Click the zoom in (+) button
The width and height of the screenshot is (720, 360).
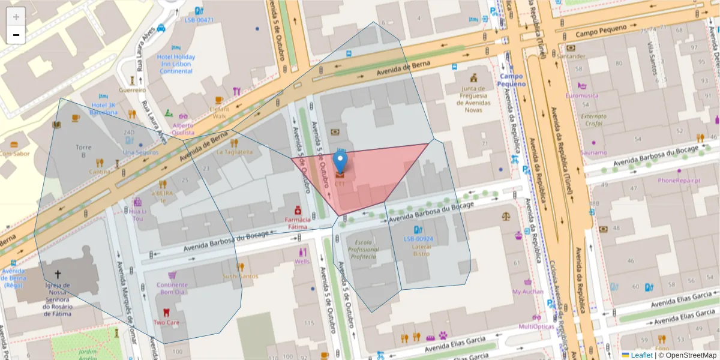tap(16, 16)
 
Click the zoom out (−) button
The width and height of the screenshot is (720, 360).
tap(16, 35)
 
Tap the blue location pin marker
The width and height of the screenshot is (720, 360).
tap(340, 163)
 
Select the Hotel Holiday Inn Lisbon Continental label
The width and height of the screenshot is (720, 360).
tap(176, 64)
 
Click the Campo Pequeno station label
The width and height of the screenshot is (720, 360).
tap(511, 80)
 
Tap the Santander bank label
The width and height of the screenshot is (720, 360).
tap(571, 56)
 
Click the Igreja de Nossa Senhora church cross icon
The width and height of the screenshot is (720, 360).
tap(58, 273)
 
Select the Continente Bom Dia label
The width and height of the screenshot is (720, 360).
tap(172, 289)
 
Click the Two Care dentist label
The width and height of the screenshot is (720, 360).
tap(166, 322)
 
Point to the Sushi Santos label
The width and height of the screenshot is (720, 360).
tap(240, 276)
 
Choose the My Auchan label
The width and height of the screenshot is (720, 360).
tap(527, 292)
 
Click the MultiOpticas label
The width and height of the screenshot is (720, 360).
tap(536, 326)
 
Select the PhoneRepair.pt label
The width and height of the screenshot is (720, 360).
tap(679, 180)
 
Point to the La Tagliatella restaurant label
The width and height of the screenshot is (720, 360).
tap(235, 152)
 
